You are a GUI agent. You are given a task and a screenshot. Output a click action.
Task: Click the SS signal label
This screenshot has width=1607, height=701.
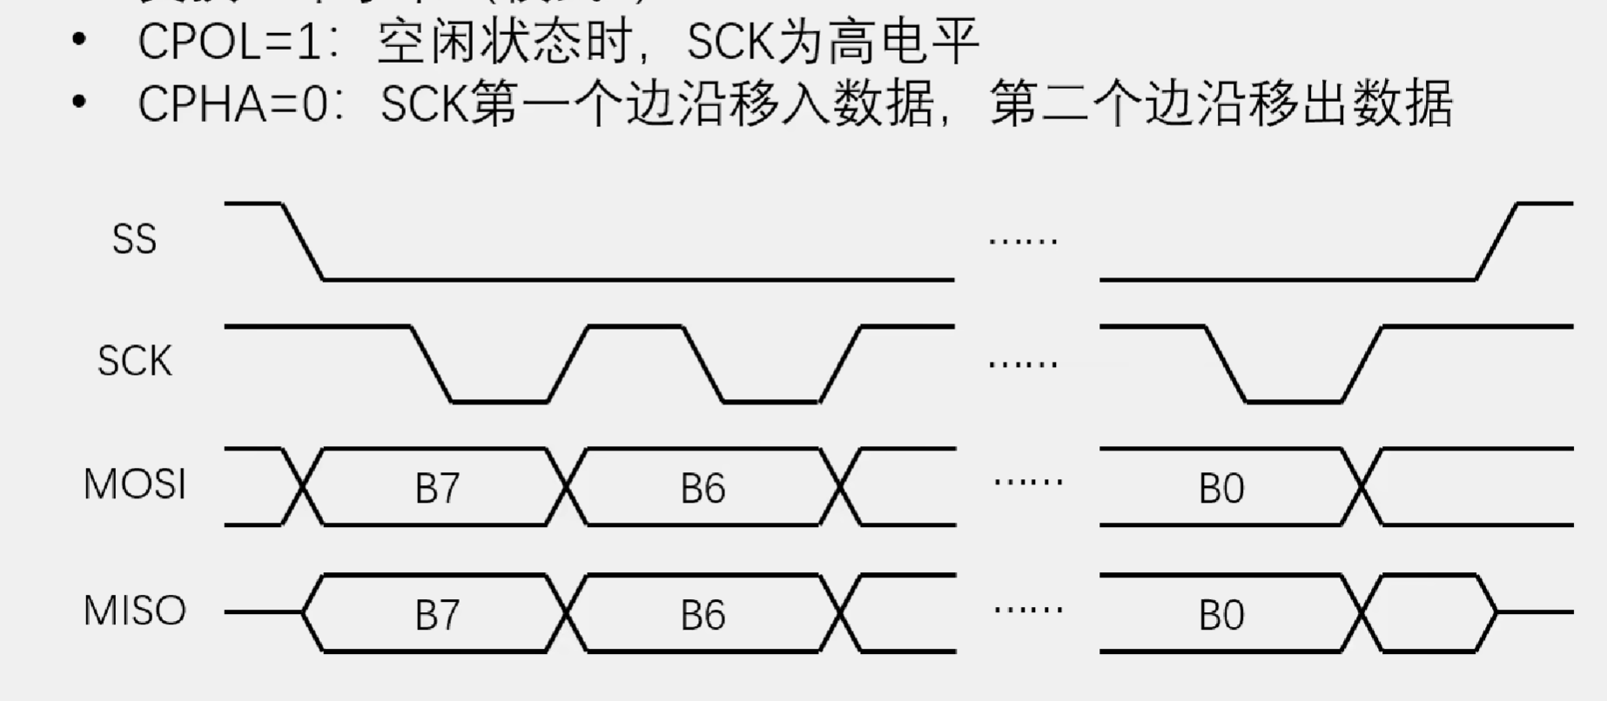[134, 239]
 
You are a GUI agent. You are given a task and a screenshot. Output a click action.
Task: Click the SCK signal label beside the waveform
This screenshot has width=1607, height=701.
[134, 361]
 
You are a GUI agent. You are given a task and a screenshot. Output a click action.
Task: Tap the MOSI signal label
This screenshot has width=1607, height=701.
[135, 484]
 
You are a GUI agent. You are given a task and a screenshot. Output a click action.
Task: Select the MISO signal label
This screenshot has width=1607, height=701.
[135, 611]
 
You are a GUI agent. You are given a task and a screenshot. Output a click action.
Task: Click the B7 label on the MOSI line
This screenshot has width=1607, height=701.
[437, 489]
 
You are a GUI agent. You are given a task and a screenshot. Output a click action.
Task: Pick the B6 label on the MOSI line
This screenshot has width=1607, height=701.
[703, 489]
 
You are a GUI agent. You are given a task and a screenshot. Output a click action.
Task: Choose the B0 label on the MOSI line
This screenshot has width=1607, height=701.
[1221, 489]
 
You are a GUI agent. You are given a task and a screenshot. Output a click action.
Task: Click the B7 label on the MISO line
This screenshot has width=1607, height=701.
[437, 616]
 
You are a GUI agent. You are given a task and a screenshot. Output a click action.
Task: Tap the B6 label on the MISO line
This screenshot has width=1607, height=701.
[703, 616]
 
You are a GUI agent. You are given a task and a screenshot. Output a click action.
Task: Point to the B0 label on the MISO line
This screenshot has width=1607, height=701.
[1221, 616]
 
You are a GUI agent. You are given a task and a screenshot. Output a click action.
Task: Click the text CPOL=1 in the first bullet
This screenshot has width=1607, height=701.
[230, 41]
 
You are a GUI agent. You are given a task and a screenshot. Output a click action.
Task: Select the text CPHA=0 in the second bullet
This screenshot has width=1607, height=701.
[233, 104]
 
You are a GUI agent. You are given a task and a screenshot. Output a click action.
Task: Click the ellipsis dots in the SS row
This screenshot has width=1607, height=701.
[1024, 239]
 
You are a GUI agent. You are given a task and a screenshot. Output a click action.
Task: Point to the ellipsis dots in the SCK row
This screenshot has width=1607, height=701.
[1024, 363]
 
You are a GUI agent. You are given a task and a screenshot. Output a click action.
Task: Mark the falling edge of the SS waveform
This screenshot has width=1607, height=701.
[303, 242]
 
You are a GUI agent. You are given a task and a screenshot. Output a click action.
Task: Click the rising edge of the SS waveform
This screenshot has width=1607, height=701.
[1497, 242]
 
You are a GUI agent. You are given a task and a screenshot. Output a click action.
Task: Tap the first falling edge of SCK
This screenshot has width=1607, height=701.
[431, 364]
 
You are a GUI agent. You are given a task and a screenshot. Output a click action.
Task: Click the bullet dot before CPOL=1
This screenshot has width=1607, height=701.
[80, 40]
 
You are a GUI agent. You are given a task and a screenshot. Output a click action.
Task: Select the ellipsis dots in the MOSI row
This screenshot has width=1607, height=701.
[1028, 480]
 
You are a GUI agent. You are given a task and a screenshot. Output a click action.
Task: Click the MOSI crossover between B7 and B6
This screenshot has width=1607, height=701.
[568, 487]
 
